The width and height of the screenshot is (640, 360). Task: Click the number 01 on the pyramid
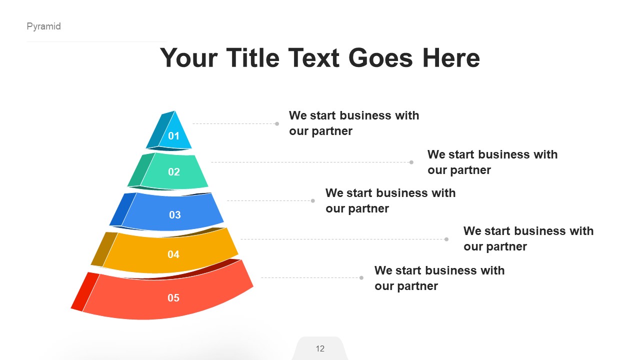point(173,136)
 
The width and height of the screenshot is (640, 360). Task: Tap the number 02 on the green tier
point(173,172)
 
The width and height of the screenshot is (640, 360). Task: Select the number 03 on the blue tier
point(174,215)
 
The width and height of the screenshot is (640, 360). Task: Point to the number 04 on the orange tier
point(173,254)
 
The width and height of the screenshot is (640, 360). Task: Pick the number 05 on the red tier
point(173,298)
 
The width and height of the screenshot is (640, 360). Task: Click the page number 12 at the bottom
point(320,348)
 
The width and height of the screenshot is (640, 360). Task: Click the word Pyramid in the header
point(43,26)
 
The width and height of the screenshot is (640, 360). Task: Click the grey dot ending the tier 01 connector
point(277,123)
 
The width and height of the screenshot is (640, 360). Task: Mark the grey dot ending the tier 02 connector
point(411,162)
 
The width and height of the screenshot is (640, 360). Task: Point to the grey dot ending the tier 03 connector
point(313,200)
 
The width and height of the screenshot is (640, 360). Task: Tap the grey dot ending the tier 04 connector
point(446,239)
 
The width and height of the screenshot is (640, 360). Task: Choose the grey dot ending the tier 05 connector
point(361,277)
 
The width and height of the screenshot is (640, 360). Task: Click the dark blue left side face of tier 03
point(122,209)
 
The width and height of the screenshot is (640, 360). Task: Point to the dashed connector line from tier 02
point(310,162)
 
